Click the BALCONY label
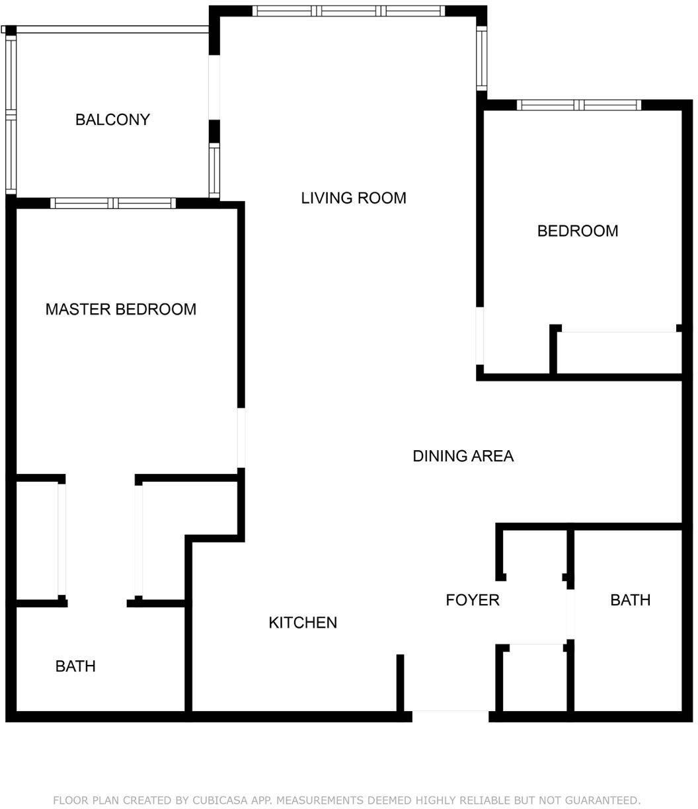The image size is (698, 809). (112, 120)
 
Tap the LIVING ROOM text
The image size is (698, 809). (354, 198)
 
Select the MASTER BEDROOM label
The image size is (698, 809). (120, 309)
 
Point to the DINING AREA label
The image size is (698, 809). (463, 456)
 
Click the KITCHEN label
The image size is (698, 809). (303, 623)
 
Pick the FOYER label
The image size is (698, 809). (473, 600)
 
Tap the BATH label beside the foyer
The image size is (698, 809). (631, 600)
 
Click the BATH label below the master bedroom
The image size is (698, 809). (75, 666)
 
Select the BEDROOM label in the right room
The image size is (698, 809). (578, 231)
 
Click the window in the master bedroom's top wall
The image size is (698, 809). (113, 203)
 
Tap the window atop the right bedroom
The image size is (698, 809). (579, 105)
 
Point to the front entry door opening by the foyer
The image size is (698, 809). (450, 716)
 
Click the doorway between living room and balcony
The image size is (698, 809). (213, 87)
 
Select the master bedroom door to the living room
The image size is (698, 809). (241, 438)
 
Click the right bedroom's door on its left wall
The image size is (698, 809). (480, 336)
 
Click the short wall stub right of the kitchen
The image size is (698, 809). (400, 683)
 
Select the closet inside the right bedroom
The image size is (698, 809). (619, 353)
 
